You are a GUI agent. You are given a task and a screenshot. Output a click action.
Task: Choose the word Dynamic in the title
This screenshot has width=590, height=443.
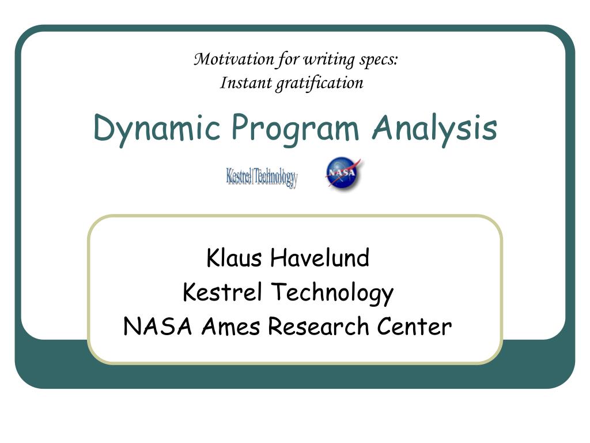point(157,128)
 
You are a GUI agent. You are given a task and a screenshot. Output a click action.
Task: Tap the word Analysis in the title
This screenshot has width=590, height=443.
point(434,128)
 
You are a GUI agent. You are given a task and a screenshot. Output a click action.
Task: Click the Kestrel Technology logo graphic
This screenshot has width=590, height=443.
point(262,177)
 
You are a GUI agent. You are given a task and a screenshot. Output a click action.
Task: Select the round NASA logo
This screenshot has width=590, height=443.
point(343,174)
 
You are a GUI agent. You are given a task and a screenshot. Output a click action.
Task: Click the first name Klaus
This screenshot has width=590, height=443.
point(233,258)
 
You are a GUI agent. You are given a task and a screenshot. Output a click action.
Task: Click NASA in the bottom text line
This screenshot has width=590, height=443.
point(158,327)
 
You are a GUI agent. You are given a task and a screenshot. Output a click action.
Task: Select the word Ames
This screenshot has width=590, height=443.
point(232,327)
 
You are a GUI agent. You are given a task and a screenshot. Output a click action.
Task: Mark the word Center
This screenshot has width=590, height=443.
point(415,327)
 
